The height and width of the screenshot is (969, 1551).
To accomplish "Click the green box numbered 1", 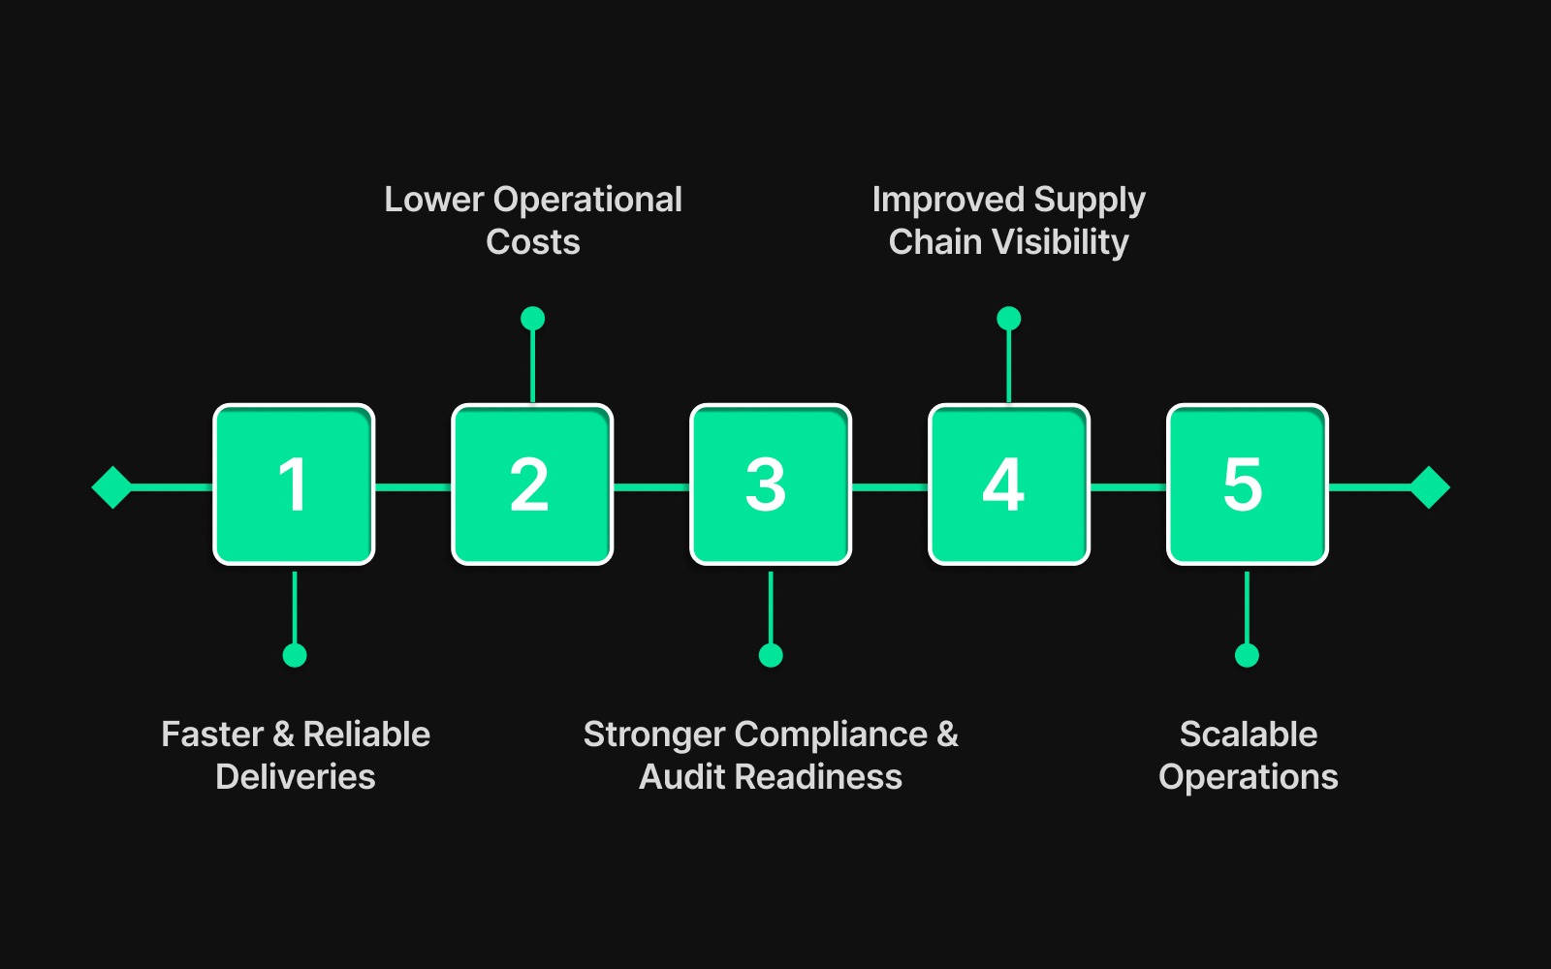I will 294,484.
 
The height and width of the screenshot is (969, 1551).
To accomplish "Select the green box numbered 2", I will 532,484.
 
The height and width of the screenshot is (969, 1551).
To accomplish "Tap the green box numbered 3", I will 771,484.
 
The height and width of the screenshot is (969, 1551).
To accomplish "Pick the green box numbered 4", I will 1009,484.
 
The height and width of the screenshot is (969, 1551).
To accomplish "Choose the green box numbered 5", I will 1248,484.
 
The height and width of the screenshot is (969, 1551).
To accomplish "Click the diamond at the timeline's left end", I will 112,486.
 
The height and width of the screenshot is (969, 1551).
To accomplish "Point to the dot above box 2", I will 532,318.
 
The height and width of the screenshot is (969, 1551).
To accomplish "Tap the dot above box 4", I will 1009,318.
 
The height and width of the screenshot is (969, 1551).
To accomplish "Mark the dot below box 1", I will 295,655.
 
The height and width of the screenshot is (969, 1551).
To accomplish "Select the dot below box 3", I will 771,655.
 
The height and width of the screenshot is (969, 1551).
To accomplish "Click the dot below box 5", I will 1248,655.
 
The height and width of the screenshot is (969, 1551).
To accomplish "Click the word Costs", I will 532,242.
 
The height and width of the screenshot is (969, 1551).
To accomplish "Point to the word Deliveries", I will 296,777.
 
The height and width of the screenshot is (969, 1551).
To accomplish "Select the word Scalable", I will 1249,735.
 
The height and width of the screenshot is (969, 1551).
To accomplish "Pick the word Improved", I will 948,200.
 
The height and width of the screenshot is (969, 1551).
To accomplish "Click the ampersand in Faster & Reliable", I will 283,735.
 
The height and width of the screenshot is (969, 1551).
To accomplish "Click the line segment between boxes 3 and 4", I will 890,486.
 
